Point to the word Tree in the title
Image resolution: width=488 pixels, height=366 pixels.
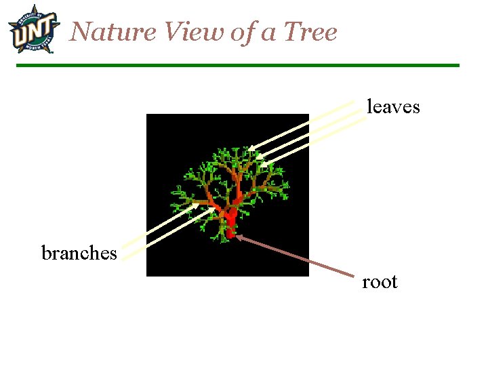310,32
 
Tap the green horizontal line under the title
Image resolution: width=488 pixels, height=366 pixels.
237,65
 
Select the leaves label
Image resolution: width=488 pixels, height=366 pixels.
393,107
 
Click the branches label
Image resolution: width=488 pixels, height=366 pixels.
79,253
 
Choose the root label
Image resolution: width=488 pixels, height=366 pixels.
380,282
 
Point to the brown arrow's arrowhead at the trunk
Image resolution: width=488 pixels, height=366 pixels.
238,237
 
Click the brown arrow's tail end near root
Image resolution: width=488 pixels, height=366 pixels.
354,276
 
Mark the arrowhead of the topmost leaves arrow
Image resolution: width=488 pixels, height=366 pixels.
250,148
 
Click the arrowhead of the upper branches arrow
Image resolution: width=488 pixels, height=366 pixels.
195,203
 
